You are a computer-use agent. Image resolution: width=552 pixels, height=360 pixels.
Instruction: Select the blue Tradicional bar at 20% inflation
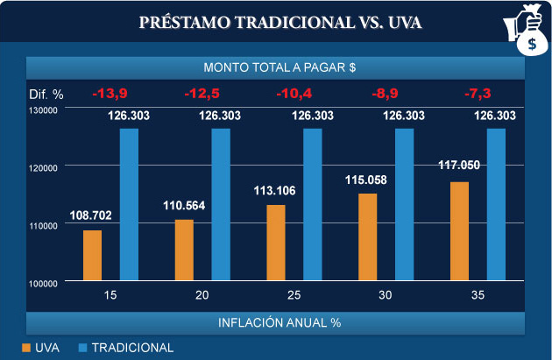(221, 205)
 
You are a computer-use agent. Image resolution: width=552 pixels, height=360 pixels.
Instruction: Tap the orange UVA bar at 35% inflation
(459, 231)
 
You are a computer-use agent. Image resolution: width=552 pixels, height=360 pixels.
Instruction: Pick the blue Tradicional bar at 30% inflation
(405, 205)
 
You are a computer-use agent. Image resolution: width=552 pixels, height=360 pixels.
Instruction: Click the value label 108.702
(91, 215)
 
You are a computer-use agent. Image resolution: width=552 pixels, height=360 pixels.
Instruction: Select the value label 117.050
(459, 165)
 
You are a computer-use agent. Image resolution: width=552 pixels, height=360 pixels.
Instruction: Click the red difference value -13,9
(111, 93)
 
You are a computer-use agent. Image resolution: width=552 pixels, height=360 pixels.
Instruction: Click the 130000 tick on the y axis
(42, 109)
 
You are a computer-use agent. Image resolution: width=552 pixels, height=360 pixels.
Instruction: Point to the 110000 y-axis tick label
(42, 225)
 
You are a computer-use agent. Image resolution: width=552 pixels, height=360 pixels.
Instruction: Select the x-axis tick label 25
(294, 296)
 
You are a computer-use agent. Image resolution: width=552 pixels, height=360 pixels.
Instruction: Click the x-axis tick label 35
(478, 296)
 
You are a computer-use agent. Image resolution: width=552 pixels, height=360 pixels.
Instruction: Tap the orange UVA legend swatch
(26, 348)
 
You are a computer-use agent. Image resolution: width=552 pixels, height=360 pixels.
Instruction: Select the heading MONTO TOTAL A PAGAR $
(279, 67)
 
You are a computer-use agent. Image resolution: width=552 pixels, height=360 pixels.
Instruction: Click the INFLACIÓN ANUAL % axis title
(279, 321)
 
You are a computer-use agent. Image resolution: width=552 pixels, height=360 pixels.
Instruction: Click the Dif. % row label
(46, 93)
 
